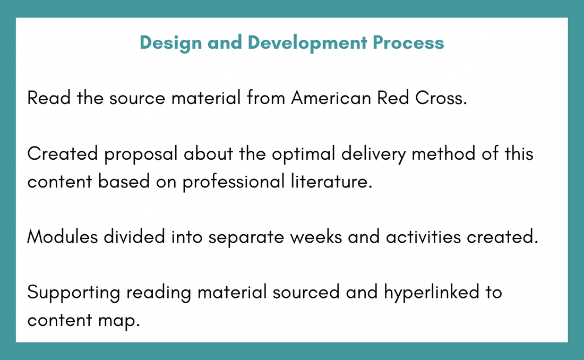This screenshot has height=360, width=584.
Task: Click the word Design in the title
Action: pos(170,43)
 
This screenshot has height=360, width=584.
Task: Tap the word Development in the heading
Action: pos(307,43)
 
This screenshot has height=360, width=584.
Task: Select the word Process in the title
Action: pos(408,42)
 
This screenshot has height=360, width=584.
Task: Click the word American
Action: pos(331,98)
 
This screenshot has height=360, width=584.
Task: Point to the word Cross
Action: pos(441,98)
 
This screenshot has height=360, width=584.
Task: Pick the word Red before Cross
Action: pos(393,98)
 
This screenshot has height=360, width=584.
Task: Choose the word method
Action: pos(443,153)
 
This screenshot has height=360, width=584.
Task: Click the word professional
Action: pos(234,182)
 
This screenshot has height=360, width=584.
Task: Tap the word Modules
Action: pos(63,237)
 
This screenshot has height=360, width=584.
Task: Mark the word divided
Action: pos(134,237)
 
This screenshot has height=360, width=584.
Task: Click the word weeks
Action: pos(316,237)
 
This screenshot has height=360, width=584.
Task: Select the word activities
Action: pos(423,237)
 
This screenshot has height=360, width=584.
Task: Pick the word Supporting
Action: pos(74,293)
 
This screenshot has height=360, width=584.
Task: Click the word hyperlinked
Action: pos(432,293)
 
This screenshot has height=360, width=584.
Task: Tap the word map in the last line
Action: pos(119,321)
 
